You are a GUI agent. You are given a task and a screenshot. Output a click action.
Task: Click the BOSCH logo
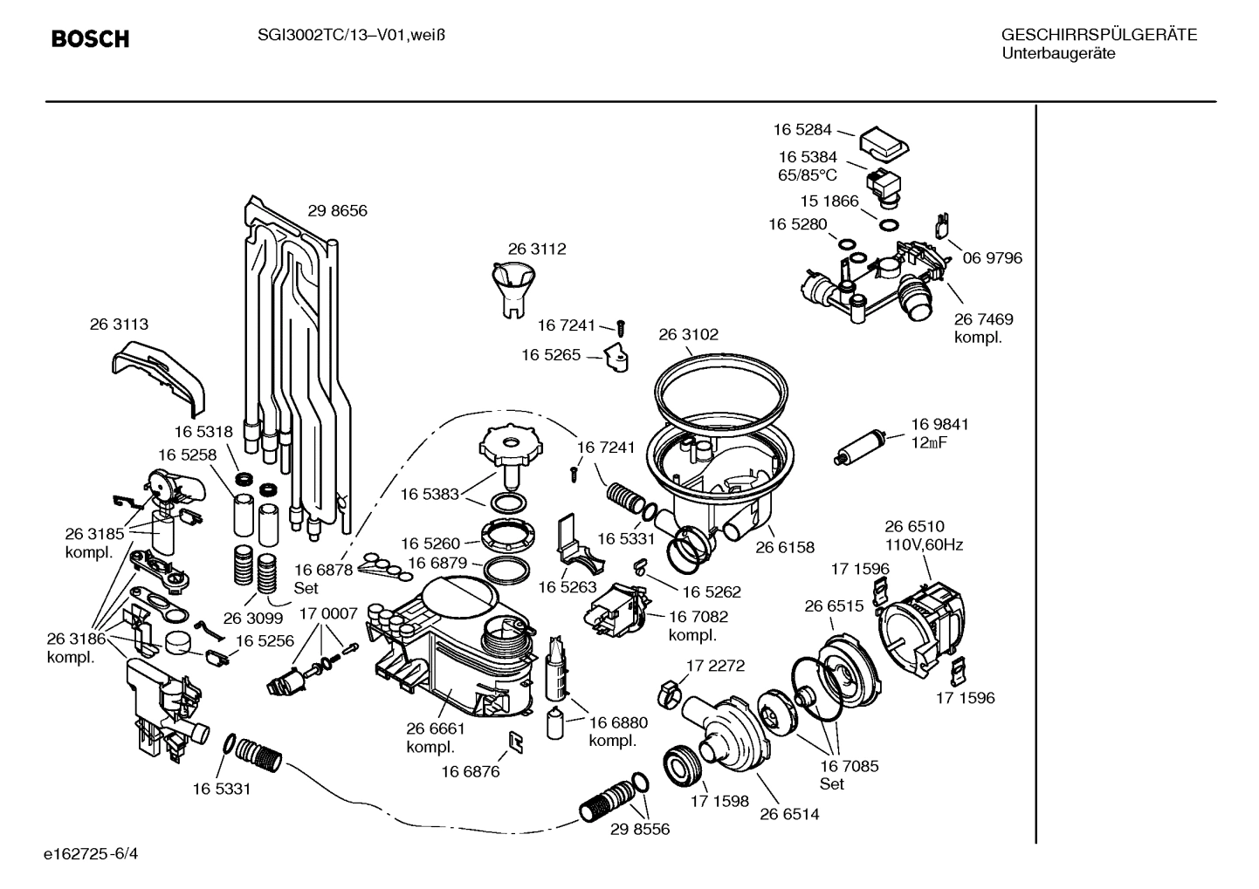click(90, 39)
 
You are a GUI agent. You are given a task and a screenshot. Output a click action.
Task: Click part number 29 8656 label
click(337, 211)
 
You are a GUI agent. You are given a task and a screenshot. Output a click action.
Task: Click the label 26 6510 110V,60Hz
click(923, 536)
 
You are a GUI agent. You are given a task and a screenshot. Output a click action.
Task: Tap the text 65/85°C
click(808, 174)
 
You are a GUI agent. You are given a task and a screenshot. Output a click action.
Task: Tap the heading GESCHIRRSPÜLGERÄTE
click(1098, 36)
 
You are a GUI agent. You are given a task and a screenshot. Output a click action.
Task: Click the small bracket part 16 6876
click(516, 742)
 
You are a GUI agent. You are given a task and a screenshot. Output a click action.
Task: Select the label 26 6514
click(788, 814)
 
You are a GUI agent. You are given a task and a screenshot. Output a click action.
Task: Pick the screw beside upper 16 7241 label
click(622, 328)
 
